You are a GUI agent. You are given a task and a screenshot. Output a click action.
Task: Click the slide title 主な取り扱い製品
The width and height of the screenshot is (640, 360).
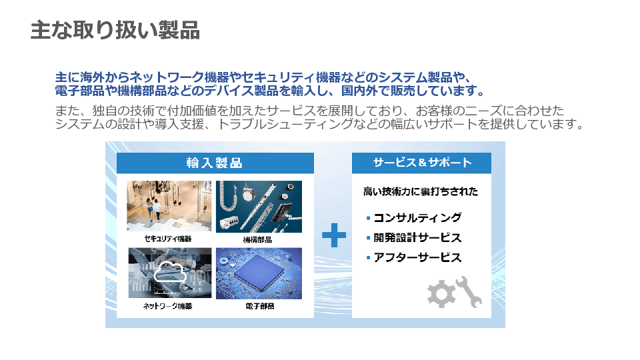coord(115,30)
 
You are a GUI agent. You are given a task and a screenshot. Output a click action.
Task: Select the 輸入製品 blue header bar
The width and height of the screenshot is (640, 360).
coord(215,163)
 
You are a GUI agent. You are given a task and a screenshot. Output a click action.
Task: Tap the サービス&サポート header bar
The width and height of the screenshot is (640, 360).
coord(421,163)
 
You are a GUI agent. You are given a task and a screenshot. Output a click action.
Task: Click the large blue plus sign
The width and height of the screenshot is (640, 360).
coord(334,235)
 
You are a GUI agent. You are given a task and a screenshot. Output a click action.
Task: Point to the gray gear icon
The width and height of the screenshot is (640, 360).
coord(441,293)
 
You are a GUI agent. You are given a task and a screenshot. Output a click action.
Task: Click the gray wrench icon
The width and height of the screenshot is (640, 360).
coord(469,291)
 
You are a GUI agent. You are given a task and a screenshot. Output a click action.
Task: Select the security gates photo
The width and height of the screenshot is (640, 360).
coord(169,206)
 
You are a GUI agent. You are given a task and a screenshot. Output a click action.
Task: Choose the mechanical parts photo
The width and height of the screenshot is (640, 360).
coord(259,207)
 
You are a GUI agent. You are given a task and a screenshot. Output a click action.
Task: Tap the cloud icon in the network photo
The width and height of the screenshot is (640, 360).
coord(170,272)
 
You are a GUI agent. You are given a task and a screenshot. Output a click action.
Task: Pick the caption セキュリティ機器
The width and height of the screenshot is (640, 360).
coord(168,239)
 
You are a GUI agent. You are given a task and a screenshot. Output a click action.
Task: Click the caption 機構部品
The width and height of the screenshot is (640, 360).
coord(257,239)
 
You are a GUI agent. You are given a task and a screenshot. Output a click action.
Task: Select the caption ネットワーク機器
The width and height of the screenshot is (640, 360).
coord(168,306)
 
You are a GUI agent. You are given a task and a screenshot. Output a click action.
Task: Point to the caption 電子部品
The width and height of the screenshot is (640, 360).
coord(259,306)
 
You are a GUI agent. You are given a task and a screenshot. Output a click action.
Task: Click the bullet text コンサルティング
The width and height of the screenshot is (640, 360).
coord(417,217)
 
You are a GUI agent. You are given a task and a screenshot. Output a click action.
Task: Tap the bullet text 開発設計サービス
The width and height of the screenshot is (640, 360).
coord(417,237)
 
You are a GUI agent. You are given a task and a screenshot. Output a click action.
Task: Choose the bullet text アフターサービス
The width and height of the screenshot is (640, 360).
coord(417,257)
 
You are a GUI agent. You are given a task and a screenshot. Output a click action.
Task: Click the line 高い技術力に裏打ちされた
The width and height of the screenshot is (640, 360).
coord(421,191)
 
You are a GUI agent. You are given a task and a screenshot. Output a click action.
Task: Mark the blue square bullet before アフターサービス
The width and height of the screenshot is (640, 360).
coord(368,257)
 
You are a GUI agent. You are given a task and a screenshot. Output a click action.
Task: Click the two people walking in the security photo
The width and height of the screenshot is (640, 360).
coord(153,209)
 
